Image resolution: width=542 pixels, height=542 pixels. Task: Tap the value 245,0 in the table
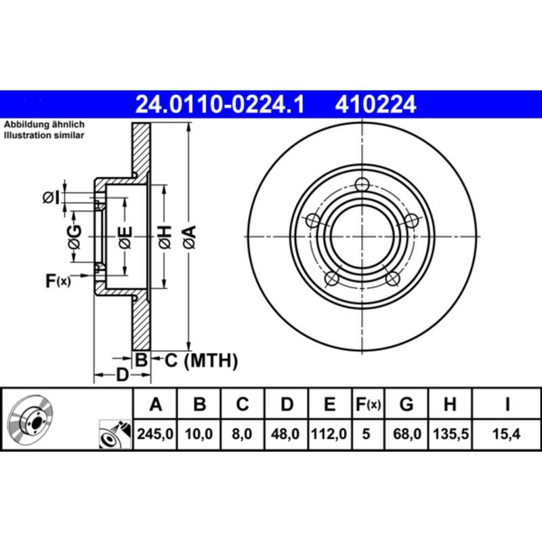coord(157,434)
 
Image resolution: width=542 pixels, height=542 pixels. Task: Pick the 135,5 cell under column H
coord(449,434)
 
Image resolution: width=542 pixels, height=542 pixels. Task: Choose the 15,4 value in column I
coord(507,434)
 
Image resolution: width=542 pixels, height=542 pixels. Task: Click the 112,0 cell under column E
coord(329,434)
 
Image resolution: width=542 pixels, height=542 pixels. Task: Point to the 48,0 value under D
coord(287,434)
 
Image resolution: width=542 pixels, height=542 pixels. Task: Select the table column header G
coord(406,404)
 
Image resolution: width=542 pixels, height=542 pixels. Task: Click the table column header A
coord(157,404)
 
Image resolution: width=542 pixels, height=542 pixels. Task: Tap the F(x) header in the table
coord(368,404)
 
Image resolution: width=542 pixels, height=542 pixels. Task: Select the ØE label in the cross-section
coord(125,236)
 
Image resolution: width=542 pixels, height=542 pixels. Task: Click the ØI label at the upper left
coord(51,197)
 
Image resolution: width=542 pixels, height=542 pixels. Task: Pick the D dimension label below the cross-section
coord(122,375)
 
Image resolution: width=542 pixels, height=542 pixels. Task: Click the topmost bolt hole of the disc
coord(363,184)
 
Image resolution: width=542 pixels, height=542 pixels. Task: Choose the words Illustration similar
coord(44,135)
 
